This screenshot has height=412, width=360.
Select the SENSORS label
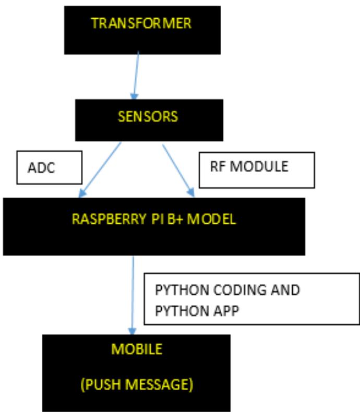coord(147,116)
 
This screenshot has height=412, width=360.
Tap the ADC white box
coord(50,168)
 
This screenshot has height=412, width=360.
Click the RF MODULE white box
coord(257,169)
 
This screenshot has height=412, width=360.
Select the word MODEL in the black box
coord(211,219)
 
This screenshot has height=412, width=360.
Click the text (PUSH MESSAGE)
coord(137,385)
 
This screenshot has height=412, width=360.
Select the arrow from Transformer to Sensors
coord(137,75)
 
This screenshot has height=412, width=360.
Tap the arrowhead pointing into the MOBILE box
coord(133,331)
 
